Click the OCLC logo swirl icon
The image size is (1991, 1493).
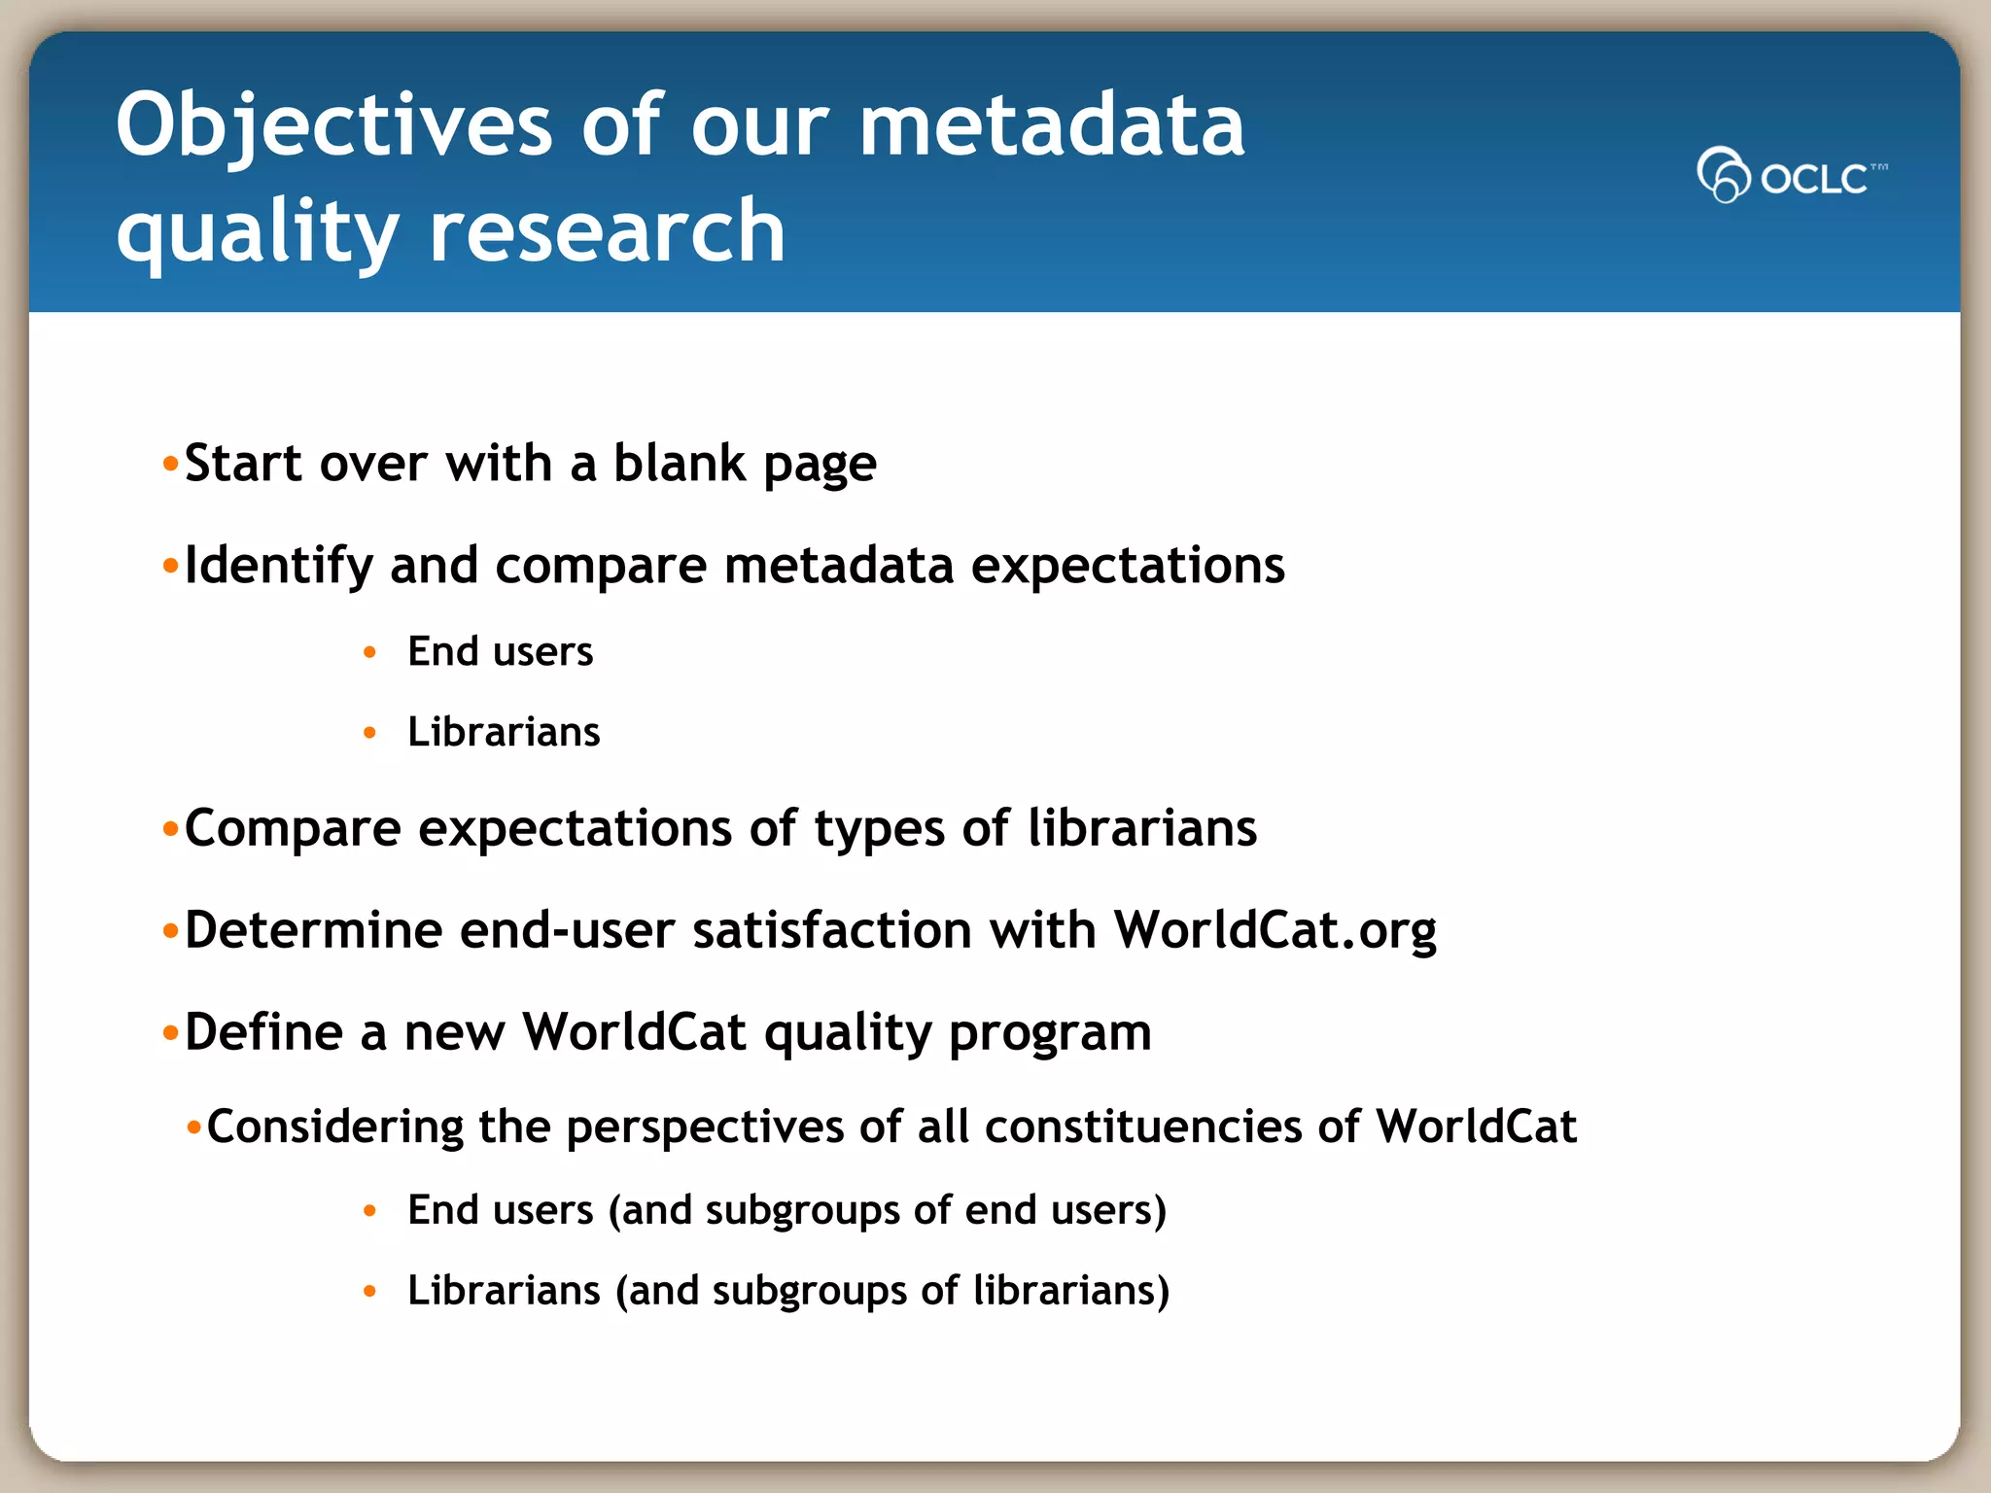tap(1723, 175)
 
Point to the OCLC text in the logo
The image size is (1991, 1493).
tap(1814, 179)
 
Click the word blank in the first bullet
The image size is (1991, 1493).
tap(680, 463)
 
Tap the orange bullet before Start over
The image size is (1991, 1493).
tap(171, 464)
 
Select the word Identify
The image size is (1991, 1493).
tap(278, 566)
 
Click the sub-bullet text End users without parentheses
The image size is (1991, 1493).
tap(500, 651)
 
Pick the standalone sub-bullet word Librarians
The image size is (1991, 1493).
tap(504, 732)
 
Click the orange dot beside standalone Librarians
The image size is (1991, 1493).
tap(369, 733)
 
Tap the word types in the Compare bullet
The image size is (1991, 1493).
tap(879, 829)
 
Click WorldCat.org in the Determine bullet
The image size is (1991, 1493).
tap(1275, 930)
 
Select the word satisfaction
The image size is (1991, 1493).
tap(831, 930)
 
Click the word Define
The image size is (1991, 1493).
tap(262, 1032)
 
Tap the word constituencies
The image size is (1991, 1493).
tap(1143, 1128)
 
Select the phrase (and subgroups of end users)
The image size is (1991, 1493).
tap(887, 1211)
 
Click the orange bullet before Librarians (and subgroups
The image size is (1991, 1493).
tap(369, 1292)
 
